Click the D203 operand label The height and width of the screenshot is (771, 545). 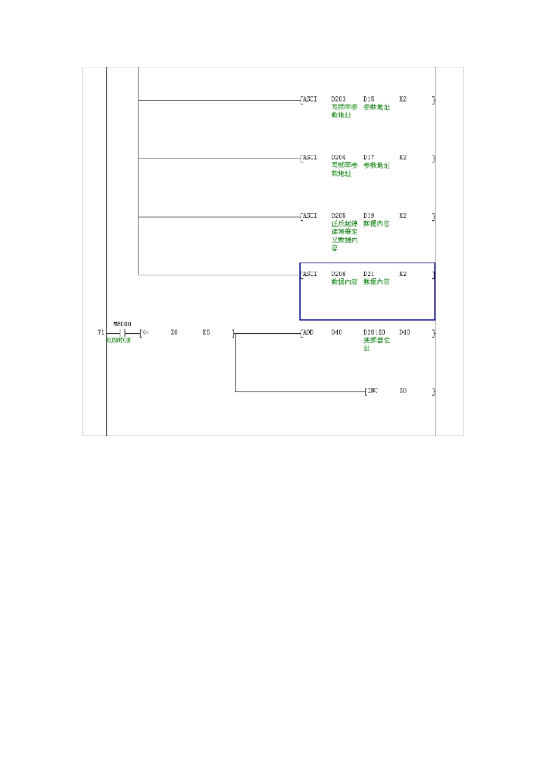[x=338, y=99]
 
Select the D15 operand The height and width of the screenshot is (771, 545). [x=369, y=99]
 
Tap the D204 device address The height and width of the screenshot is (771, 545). [x=338, y=157]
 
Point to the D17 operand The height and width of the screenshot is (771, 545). [x=369, y=157]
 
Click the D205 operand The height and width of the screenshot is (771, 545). [x=338, y=216]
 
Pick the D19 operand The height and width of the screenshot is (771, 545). [x=369, y=216]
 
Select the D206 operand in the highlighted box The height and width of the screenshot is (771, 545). [x=338, y=274]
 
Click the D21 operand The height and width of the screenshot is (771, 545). [x=369, y=274]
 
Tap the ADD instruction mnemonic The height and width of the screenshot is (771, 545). [x=308, y=333]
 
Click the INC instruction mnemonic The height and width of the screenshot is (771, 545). [x=373, y=391]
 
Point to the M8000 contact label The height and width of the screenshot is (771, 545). [x=122, y=324]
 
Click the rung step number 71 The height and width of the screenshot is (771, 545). [x=101, y=333]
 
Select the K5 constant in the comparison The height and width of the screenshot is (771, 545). [x=206, y=333]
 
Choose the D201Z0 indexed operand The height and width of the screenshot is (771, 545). [x=375, y=333]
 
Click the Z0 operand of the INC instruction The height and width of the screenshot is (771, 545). [x=403, y=391]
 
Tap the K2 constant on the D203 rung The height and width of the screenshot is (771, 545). [x=403, y=99]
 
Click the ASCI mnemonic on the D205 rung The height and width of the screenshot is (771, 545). [x=309, y=216]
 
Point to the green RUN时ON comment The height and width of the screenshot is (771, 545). [x=119, y=340]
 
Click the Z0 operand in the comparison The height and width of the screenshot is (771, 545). [x=174, y=333]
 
